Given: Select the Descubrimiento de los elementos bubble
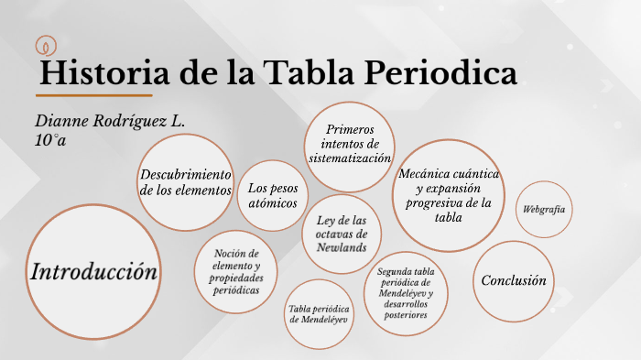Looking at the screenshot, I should point(187,182).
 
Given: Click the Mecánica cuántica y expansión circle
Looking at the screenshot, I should point(449,195).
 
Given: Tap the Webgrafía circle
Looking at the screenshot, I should point(543,210).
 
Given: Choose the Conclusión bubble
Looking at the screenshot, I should point(514,280).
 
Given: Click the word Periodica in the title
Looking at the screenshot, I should point(444,72).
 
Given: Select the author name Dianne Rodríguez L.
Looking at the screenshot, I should point(110,121).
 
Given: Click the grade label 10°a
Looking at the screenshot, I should point(51,140).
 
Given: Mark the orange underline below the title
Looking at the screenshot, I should point(94,94).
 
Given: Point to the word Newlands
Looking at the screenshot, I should point(341,247).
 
